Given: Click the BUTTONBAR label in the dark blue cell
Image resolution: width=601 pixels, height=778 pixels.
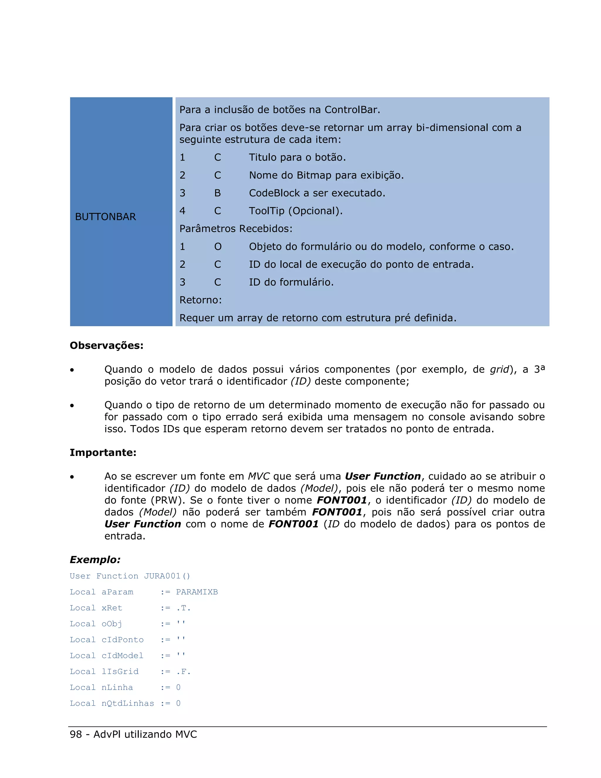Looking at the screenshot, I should point(105,217).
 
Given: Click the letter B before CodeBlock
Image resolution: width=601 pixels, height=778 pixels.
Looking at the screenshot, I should point(217,193).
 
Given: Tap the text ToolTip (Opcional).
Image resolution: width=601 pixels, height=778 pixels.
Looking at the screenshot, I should point(296,211).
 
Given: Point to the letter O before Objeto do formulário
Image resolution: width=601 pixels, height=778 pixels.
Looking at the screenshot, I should point(217,247).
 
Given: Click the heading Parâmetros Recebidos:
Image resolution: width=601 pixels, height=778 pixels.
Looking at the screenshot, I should point(236,229).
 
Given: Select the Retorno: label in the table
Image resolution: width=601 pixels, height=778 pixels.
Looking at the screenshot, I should point(200,300).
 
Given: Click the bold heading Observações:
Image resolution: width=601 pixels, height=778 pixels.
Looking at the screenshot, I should point(107,346).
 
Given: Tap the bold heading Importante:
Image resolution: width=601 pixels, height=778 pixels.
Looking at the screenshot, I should point(103,452).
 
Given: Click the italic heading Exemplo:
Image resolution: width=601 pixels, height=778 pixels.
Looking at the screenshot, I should point(95,560).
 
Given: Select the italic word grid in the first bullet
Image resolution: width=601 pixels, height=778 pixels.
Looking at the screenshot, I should point(499,369).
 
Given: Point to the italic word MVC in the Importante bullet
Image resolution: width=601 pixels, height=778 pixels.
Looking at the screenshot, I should point(259,476).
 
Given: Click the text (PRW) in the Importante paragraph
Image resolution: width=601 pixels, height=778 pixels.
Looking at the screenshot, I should point(167,500).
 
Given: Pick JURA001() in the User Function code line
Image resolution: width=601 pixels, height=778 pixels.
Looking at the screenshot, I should point(167,576).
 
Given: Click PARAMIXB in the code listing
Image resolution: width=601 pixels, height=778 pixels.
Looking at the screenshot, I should point(197,592).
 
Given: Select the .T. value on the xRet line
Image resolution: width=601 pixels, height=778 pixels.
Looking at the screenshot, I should point(183,608).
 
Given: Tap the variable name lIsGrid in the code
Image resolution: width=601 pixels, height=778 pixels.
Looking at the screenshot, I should point(120,671).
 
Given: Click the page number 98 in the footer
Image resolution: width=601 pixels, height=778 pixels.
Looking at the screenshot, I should point(76,734).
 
